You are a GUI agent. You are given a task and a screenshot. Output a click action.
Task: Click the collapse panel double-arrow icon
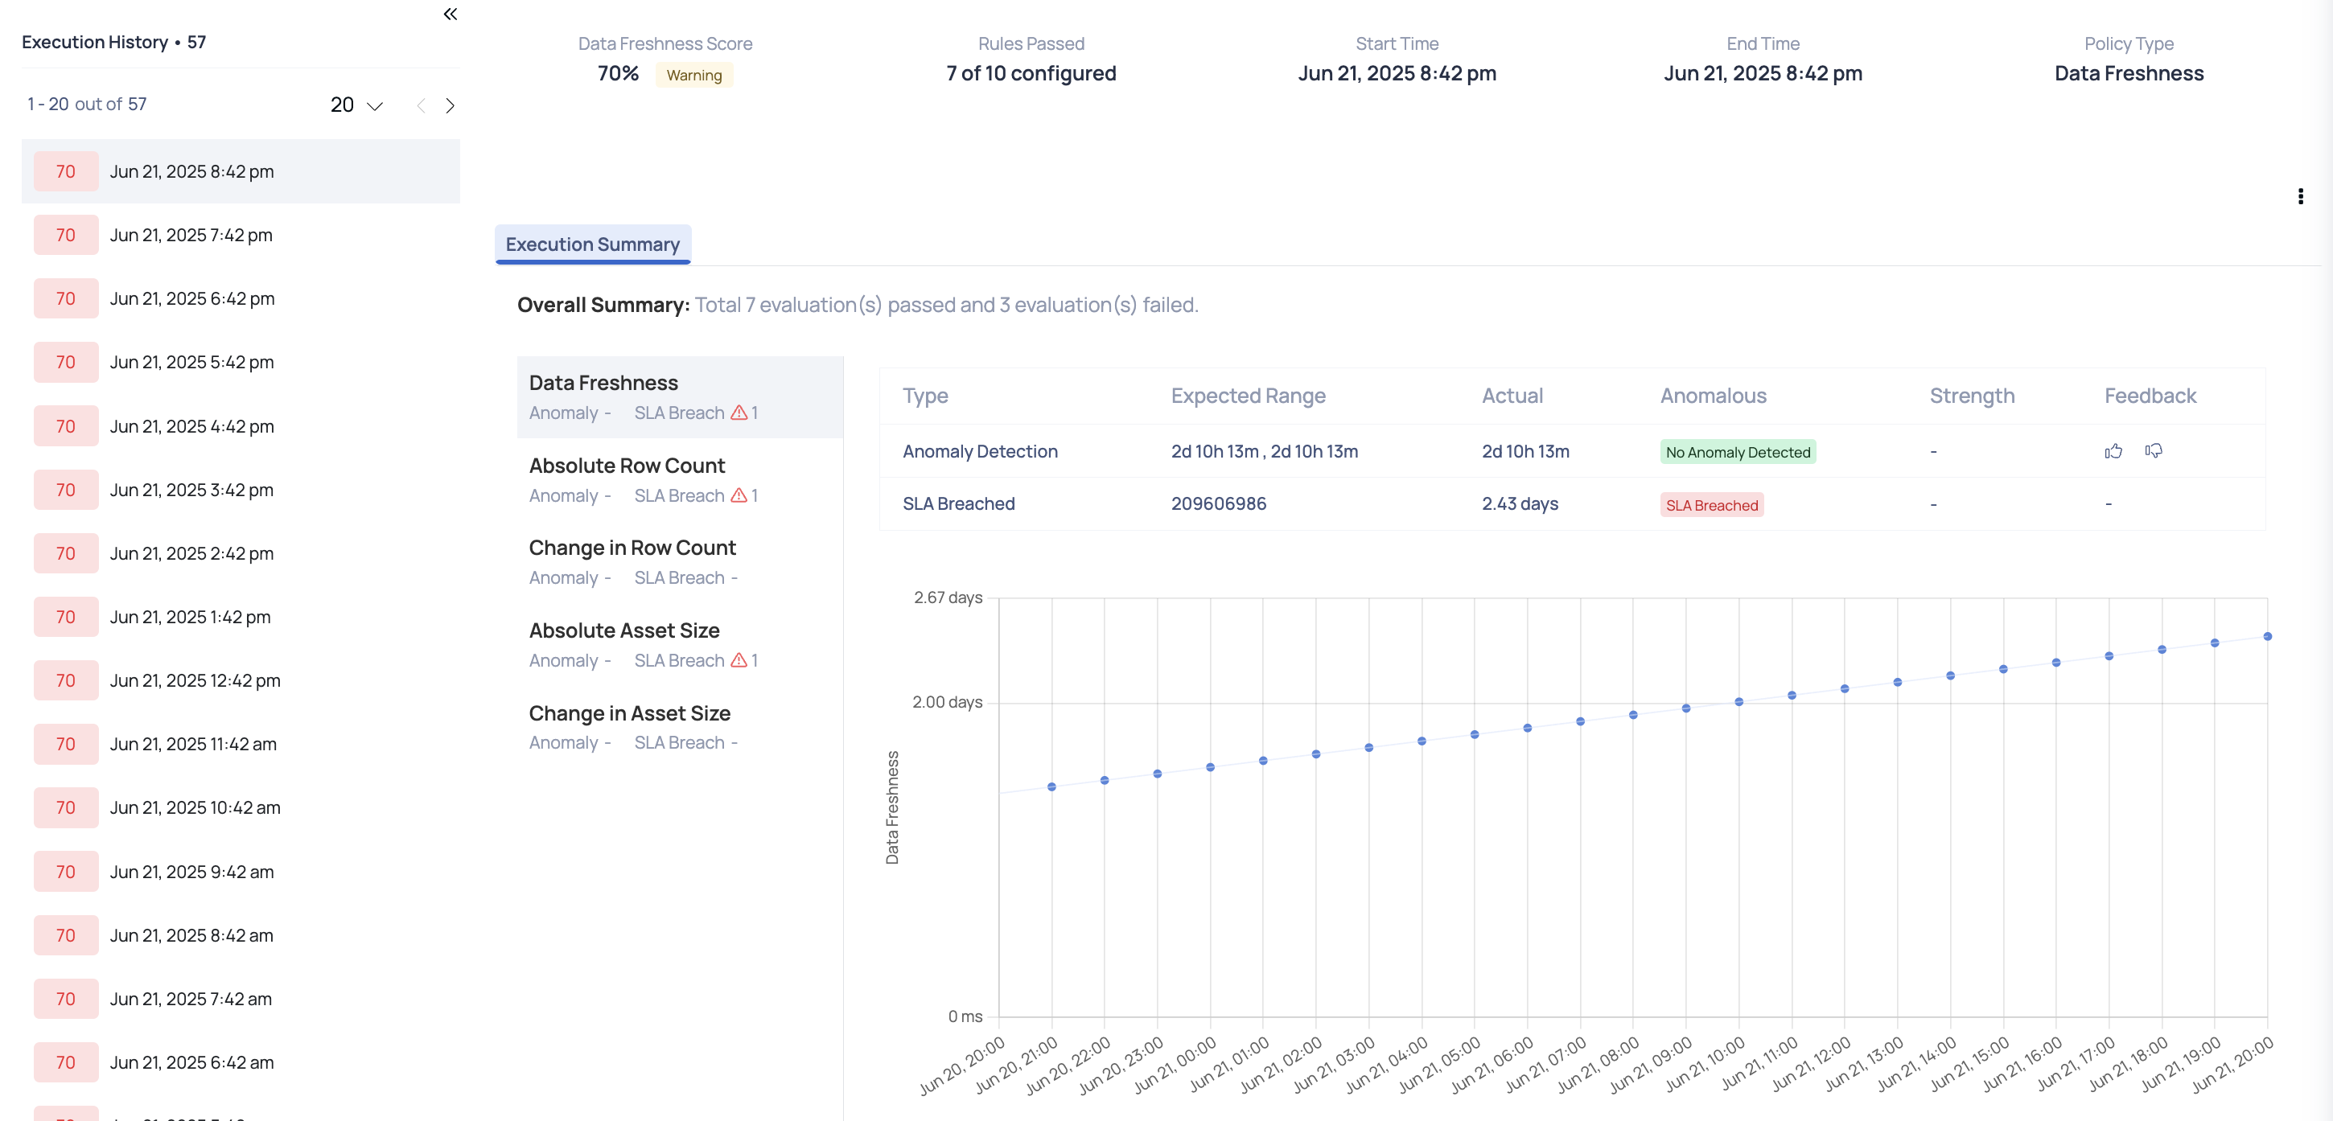click(451, 14)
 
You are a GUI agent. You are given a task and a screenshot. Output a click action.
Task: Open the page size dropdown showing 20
click(356, 105)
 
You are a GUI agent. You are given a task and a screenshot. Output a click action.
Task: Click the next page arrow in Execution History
click(451, 106)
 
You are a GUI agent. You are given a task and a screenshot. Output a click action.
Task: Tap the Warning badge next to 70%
click(693, 75)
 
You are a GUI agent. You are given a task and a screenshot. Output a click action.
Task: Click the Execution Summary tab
click(592, 244)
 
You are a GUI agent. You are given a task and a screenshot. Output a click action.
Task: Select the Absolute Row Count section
click(627, 466)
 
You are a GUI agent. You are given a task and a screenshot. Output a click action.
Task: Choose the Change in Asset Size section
click(629, 713)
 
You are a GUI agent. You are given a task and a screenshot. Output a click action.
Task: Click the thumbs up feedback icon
click(2113, 451)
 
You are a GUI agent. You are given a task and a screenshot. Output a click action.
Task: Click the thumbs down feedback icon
click(2154, 451)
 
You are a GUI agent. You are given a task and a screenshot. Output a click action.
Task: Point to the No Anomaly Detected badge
click(1737, 452)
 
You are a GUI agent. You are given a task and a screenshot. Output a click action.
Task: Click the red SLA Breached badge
click(1711, 505)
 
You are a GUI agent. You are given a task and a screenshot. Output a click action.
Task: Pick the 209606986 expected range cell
click(1218, 503)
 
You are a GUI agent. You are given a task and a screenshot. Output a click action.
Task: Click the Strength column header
click(1972, 396)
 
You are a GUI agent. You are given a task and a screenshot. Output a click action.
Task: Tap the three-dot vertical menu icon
click(2300, 196)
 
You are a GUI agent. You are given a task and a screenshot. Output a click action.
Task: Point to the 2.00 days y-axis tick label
click(946, 702)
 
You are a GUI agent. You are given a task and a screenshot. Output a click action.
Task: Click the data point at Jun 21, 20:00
click(2267, 637)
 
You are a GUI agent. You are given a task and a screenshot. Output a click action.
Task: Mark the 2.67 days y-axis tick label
click(948, 597)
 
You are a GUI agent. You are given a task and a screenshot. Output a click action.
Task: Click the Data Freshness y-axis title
click(892, 807)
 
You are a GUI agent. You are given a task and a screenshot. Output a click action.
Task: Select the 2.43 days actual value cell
click(1520, 503)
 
